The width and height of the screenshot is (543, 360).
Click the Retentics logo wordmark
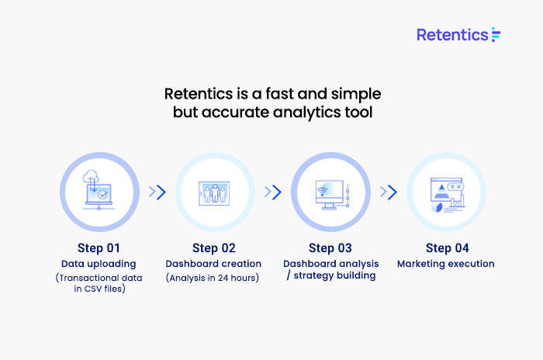coord(452,35)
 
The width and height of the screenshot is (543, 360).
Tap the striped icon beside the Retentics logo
coord(496,35)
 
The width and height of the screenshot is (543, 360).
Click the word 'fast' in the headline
coord(279,94)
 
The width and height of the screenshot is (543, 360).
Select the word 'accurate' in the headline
coord(235,112)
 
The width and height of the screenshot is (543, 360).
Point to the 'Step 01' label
coord(99,248)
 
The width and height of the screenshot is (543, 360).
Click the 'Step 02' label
coord(214,248)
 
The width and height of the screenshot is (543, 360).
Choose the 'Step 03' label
coord(330,248)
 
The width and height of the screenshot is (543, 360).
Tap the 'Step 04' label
coord(447,248)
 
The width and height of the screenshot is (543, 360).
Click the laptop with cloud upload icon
coord(98,190)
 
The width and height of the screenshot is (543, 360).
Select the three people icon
coord(214,193)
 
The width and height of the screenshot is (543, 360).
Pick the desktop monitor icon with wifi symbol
coord(333,195)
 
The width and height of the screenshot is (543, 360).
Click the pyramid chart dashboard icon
coord(448,195)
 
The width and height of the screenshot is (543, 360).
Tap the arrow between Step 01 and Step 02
coord(157,192)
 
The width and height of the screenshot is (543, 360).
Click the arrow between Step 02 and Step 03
coord(273,192)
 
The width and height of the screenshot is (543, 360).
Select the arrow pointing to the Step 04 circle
coord(389,192)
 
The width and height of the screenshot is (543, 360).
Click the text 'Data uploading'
coord(99,264)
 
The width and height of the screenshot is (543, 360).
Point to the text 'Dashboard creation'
coord(213,264)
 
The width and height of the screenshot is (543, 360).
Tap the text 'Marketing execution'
coord(446,264)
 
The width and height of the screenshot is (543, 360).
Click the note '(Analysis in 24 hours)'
coord(213,278)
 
